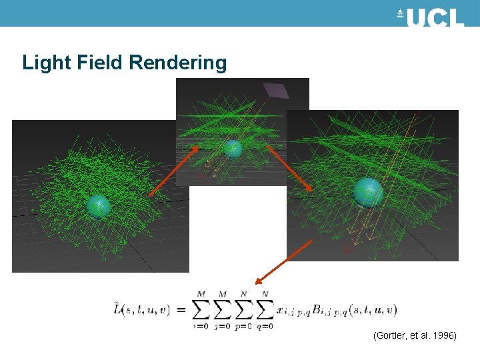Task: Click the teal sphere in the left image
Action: pos(98,207)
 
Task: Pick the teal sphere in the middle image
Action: pos(232,148)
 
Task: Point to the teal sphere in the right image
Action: pos(368,192)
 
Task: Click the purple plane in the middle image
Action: pos(275,90)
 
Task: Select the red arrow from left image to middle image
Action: pos(173,171)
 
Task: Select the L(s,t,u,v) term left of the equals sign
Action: pos(141,309)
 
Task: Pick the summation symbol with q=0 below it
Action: pos(265,309)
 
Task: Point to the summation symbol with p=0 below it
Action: pos(244,309)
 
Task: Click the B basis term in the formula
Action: pos(347,310)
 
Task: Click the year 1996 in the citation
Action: pos(443,337)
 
